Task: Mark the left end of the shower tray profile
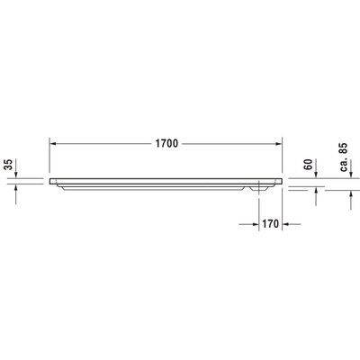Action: click(50, 178)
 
